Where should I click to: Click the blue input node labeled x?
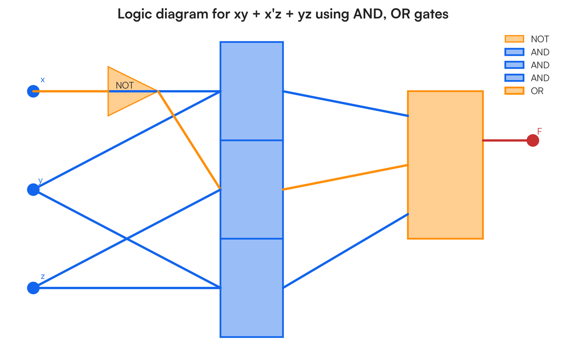[33, 91]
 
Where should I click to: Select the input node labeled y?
[33, 190]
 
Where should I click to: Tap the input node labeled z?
[33, 288]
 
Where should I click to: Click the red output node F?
[533, 140]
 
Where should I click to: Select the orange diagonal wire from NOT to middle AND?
[189, 140]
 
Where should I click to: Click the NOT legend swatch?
[514, 39]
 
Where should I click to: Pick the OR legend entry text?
[537, 91]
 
